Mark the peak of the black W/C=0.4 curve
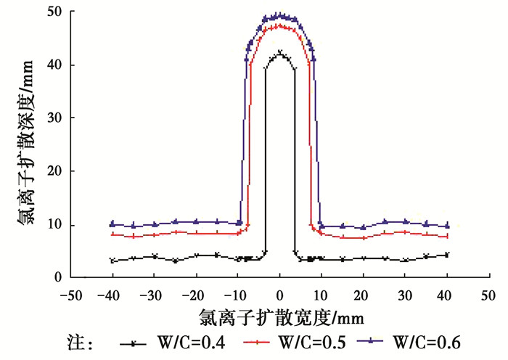point(280,52)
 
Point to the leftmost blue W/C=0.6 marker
point(112,224)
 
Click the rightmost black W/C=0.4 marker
point(448,255)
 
